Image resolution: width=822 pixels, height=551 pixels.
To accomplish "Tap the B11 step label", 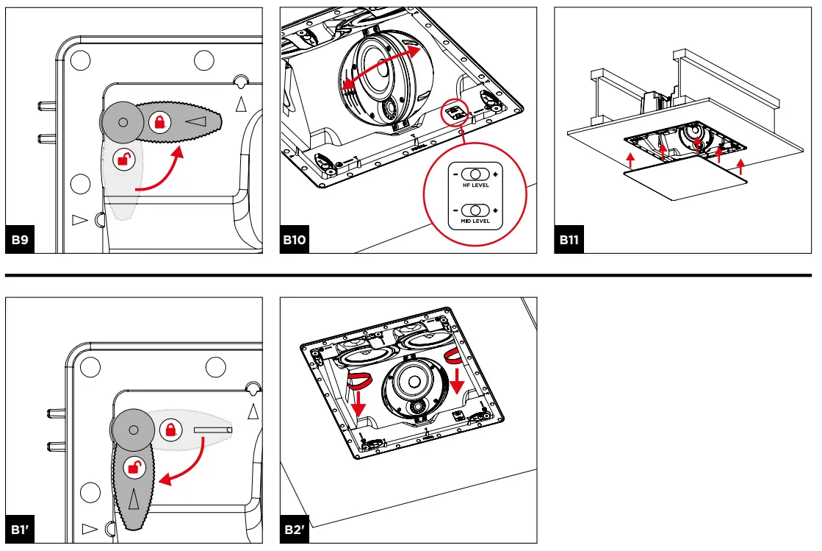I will [569, 241].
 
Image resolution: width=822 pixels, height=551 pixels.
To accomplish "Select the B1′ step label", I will [21, 530].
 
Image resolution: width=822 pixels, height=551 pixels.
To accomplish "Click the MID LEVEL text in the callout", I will [475, 221].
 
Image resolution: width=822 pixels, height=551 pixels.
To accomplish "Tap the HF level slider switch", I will [475, 175].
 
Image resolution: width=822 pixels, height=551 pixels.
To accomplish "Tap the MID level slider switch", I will [475, 210].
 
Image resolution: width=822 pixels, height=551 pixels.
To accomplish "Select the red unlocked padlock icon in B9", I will [125, 158].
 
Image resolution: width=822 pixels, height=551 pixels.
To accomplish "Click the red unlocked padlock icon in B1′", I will [134, 466].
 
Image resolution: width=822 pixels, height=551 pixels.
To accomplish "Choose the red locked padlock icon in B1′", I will [170, 429].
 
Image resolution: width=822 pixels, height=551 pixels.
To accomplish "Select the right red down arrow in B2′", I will [456, 377].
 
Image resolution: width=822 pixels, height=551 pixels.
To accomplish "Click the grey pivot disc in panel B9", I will [123, 122].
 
